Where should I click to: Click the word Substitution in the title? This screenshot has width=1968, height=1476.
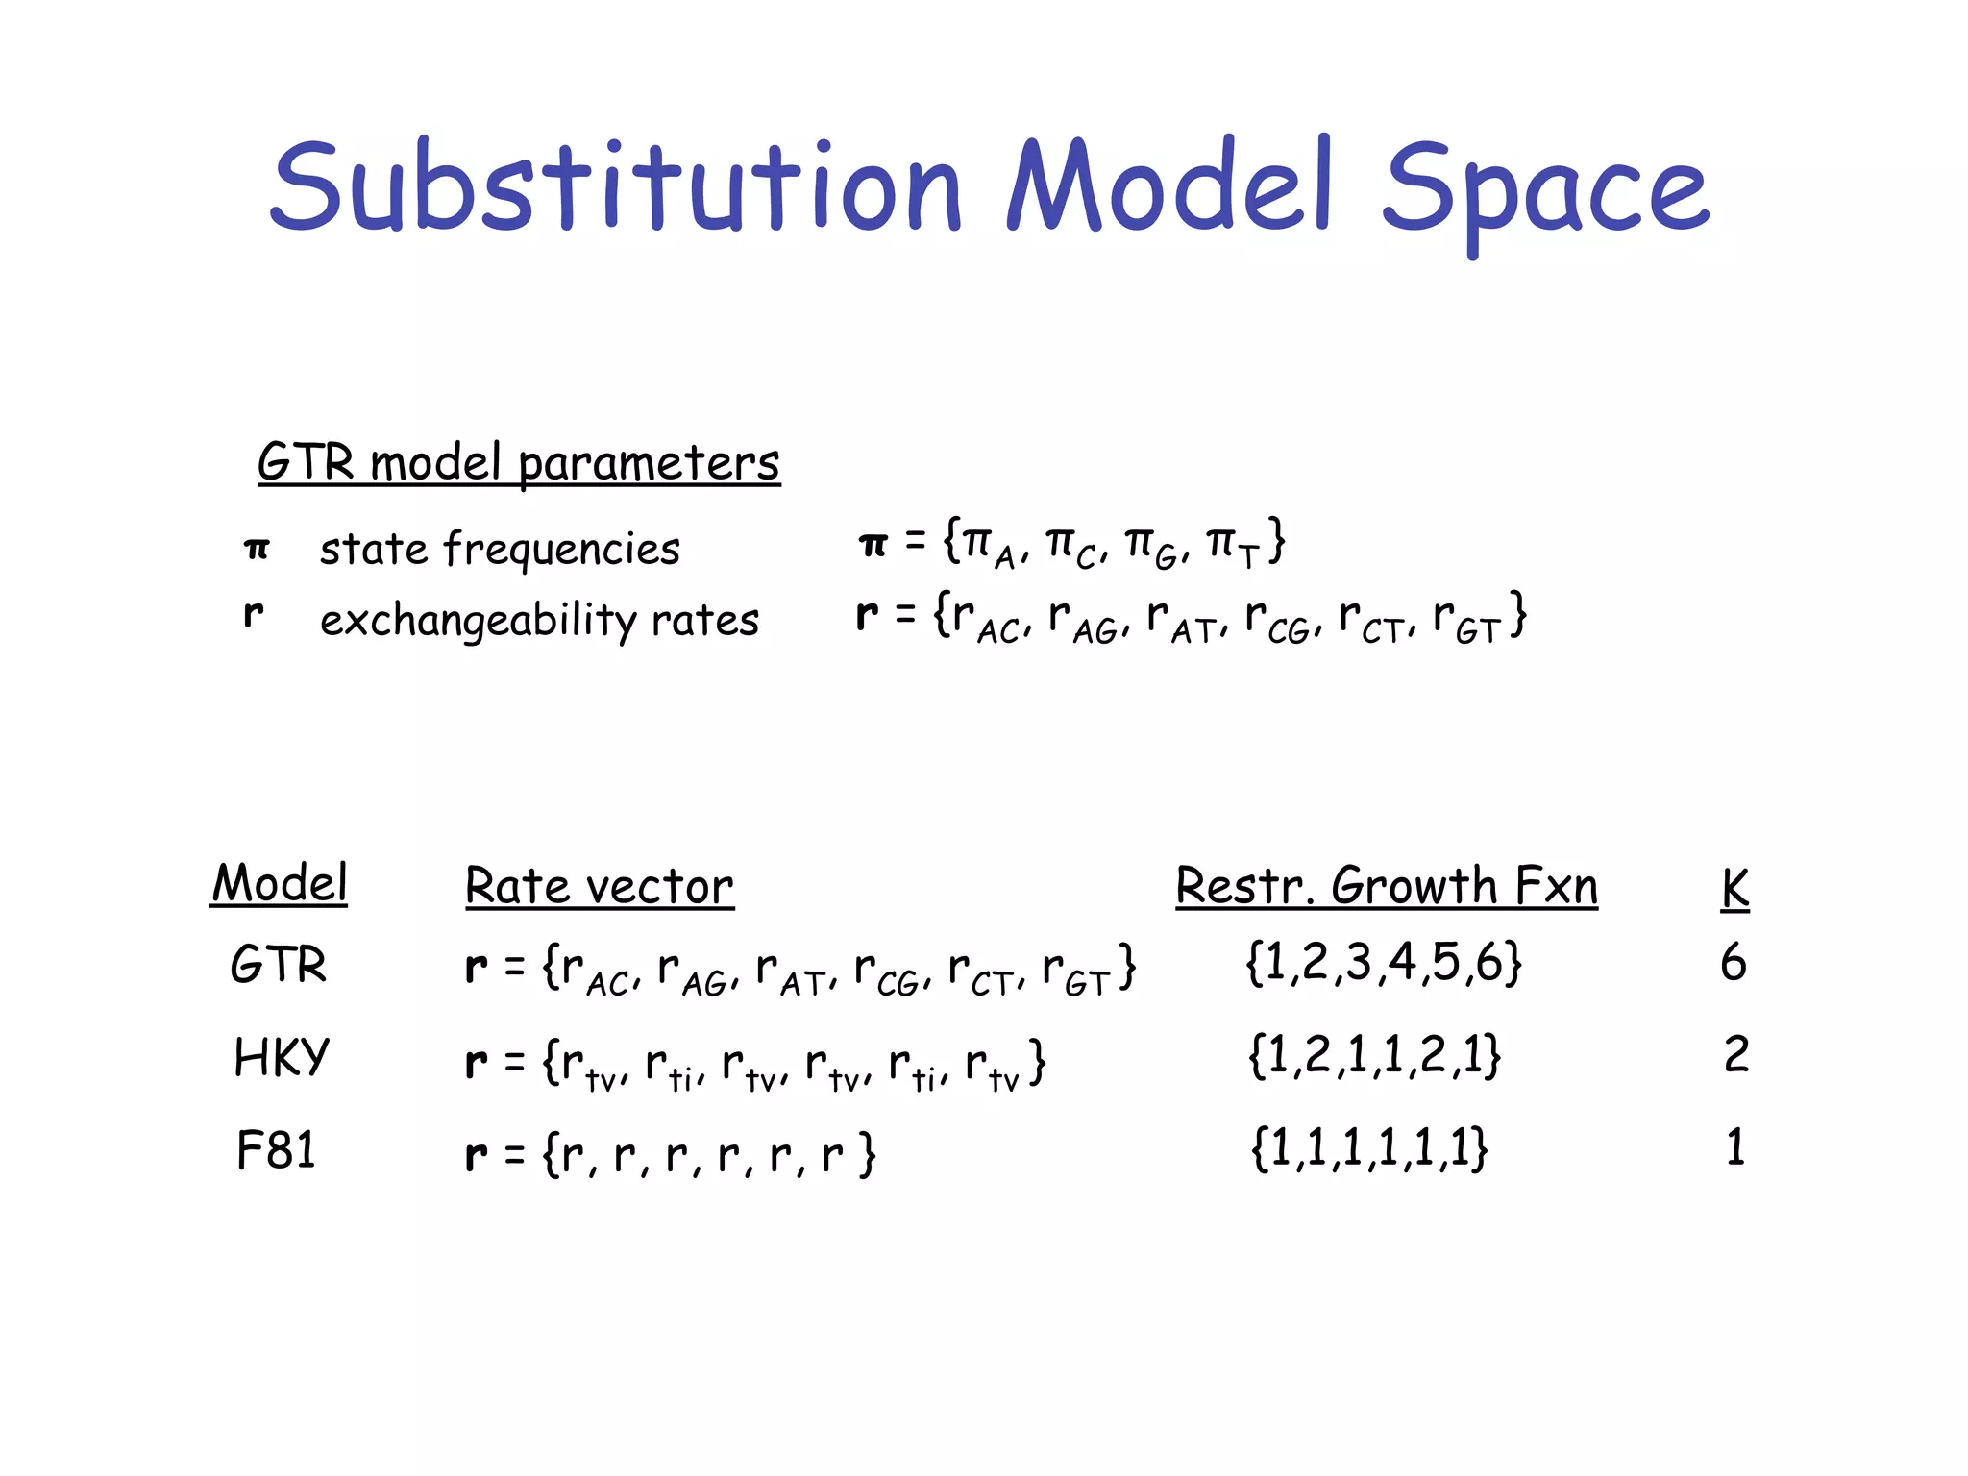615,187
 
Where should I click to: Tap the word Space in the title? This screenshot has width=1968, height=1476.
1545,192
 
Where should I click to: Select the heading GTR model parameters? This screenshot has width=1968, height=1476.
519,462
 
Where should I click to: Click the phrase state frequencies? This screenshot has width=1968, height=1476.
500,550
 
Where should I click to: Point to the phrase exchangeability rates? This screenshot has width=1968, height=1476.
539,620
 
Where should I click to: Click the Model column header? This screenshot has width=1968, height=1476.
280,883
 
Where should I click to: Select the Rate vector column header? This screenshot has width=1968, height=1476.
600,886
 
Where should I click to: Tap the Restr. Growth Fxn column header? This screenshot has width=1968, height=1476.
1387,886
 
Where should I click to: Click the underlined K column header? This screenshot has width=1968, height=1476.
1734,888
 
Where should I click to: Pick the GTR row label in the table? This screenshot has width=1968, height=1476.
279,965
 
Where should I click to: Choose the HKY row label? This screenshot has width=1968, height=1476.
282,1058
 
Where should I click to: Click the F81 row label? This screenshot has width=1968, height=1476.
276,1150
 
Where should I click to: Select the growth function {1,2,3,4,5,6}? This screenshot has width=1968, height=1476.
1384,963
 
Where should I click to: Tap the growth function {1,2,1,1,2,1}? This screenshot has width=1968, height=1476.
1374,1056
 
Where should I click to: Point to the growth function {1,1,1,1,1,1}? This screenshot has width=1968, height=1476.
1369,1148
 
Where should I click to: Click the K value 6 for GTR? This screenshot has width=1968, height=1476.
1734,963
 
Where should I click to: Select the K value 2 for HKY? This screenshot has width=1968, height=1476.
1736,1055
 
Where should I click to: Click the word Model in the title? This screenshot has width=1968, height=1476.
1168,187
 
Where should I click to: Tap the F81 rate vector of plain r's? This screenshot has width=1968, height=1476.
670,1154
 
